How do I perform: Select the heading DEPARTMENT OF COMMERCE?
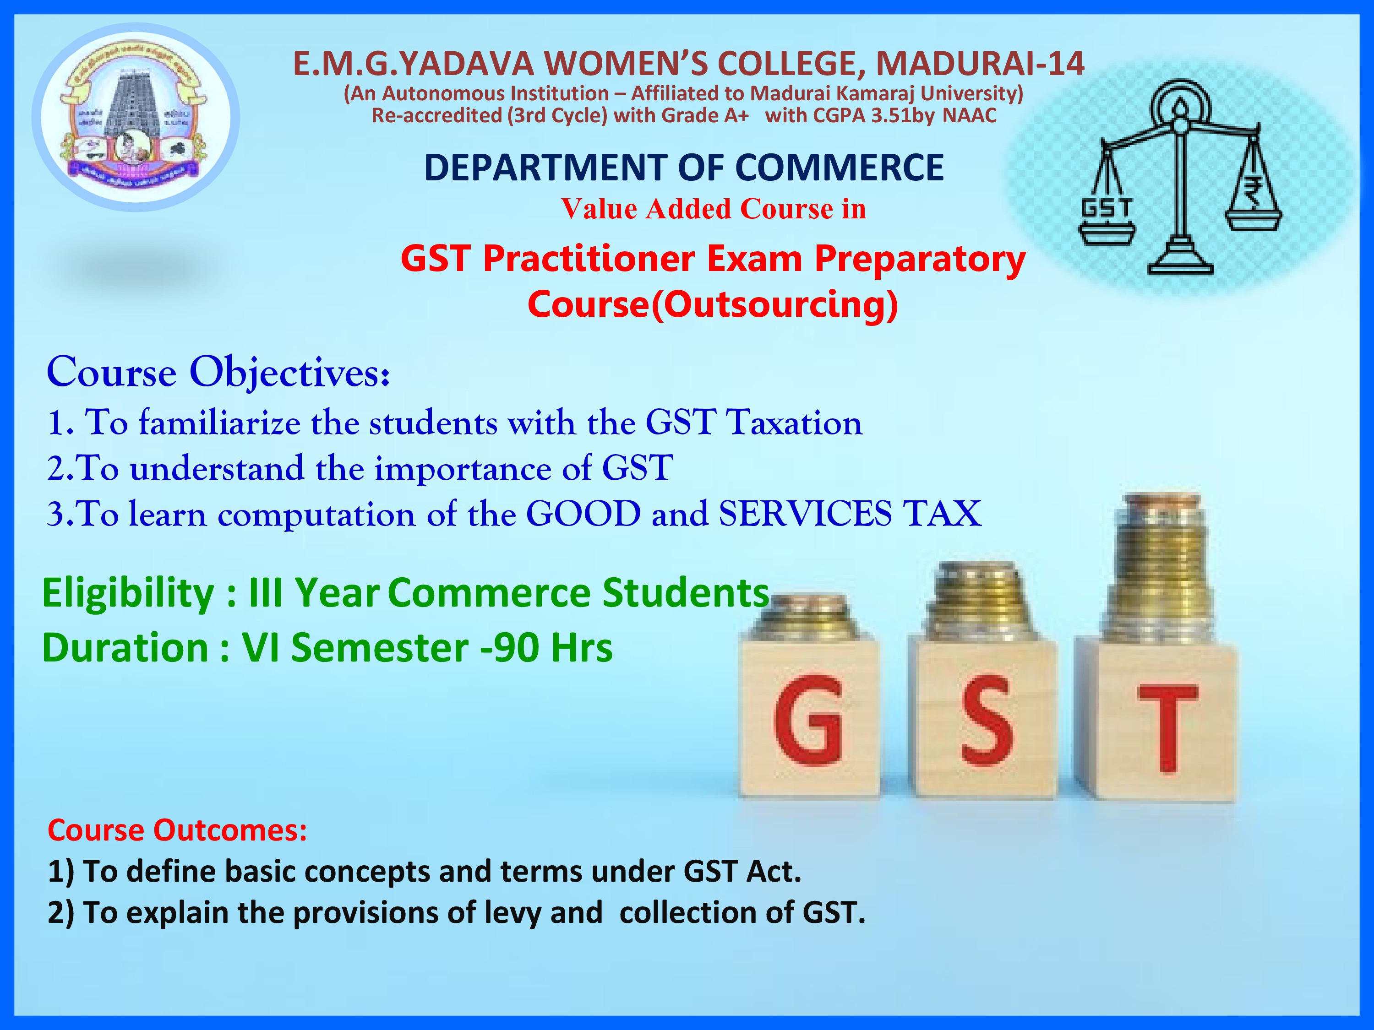[x=683, y=168]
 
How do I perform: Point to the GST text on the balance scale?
[x=1107, y=208]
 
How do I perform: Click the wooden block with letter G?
[x=809, y=720]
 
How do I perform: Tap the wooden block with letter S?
[x=983, y=720]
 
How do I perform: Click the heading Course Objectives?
[x=218, y=373]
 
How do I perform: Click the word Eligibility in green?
[x=128, y=593]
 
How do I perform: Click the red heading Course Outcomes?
[x=177, y=830]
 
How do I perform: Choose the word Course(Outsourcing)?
[x=713, y=304]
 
